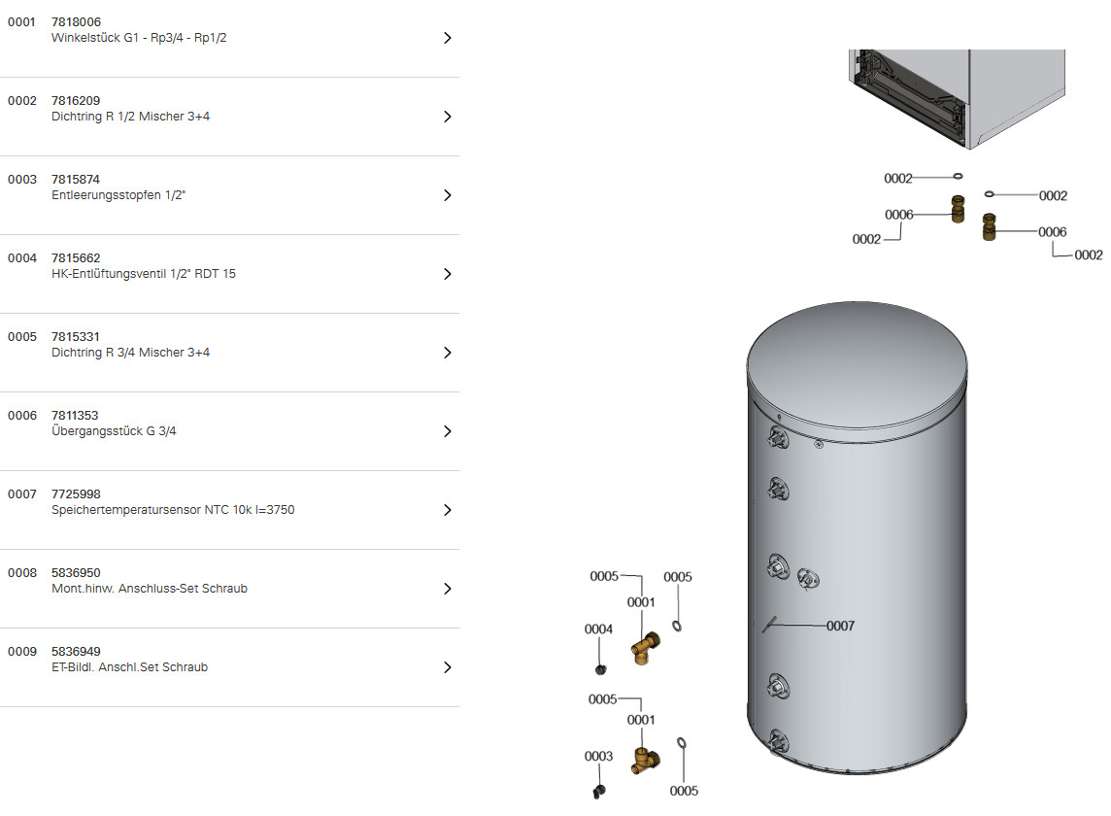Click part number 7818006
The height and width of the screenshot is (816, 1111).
click(76, 22)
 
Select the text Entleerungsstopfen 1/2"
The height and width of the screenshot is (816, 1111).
click(118, 195)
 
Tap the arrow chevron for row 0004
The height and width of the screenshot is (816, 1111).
click(447, 274)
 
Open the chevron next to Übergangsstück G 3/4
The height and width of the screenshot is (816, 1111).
click(447, 431)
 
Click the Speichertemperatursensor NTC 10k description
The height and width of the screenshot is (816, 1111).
click(173, 510)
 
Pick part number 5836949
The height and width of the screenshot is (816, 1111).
click(76, 652)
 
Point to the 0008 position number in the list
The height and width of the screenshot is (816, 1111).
click(22, 573)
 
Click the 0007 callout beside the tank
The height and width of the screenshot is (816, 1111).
click(840, 626)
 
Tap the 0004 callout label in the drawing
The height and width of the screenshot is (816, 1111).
click(599, 629)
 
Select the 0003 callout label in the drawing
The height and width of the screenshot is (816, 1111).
click(599, 757)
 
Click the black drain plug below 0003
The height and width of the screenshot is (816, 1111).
click(599, 791)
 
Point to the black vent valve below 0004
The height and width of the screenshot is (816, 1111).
click(601, 668)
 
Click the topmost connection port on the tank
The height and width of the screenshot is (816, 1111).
click(778, 438)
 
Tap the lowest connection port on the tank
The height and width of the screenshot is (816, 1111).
click(778, 742)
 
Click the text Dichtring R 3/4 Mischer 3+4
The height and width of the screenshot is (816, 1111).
click(130, 353)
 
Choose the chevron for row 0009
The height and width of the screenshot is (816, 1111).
click(447, 667)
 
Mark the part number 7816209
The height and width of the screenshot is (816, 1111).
click(76, 101)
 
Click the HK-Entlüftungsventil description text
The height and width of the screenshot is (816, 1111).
click(144, 274)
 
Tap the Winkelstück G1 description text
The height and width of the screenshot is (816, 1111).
click(139, 38)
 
